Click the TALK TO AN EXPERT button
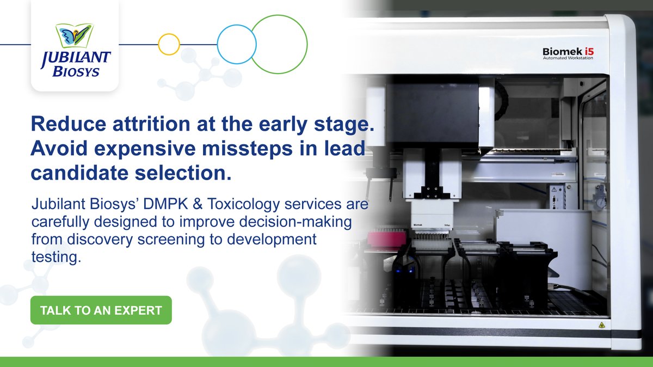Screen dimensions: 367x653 tap(101, 310)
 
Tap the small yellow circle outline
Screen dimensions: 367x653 tap(169, 44)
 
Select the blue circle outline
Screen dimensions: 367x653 tap(236, 44)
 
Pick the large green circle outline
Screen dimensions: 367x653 tap(279, 44)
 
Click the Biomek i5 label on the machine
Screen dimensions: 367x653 tap(568, 51)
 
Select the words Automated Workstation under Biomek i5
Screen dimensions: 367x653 tap(568, 58)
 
